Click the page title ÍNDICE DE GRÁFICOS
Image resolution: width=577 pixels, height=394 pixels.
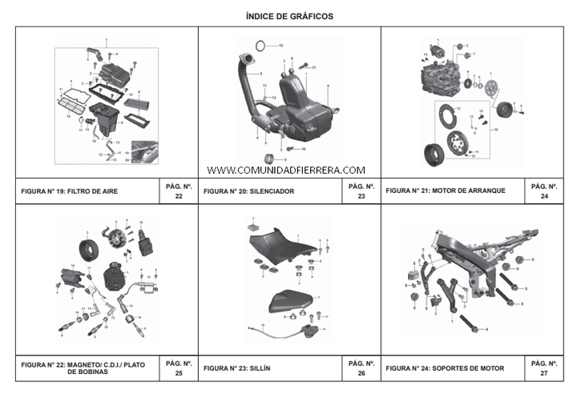click(288, 16)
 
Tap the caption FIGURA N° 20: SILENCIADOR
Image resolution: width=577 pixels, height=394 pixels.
click(248, 191)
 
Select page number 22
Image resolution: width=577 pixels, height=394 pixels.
click(178, 196)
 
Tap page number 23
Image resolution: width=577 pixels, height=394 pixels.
click(361, 196)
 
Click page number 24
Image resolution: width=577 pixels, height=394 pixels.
click(544, 196)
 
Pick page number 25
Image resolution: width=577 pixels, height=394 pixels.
click(178, 373)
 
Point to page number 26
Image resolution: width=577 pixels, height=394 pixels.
click(361, 373)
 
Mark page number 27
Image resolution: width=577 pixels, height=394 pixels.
click(544, 373)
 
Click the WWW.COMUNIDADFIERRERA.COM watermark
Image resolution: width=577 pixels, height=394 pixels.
click(286, 170)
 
